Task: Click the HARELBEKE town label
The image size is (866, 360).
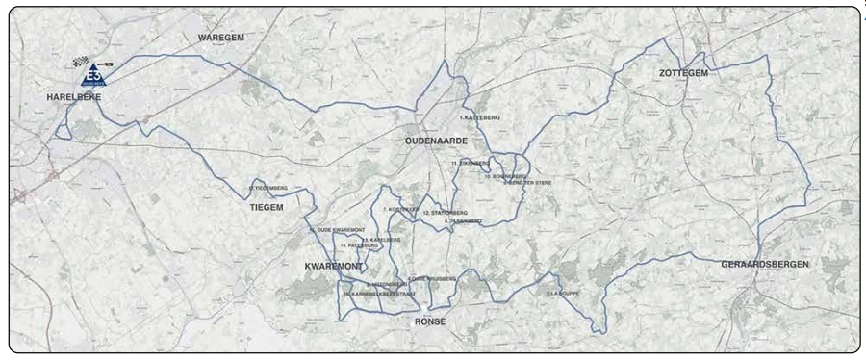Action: click(74, 98)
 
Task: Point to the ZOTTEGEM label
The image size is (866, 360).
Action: click(684, 73)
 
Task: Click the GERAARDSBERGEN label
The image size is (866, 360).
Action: click(765, 263)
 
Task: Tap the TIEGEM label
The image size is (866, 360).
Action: click(267, 207)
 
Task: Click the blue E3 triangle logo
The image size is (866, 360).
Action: click(93, 74)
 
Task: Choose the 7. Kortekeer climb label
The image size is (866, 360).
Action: click(399, 209)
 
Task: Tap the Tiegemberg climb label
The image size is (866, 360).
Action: click(268, 188)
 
